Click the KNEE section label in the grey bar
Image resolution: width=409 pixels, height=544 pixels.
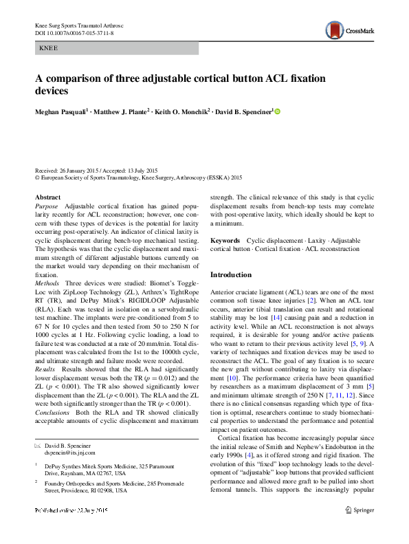[49, 49]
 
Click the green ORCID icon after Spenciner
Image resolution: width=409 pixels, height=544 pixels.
[278, 111]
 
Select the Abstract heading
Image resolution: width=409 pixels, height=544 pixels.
[47, 197]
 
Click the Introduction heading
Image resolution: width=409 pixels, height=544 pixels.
[231, 274]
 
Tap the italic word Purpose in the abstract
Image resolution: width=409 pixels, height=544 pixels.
[47, 206]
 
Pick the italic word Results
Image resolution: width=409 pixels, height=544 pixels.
[46, 350]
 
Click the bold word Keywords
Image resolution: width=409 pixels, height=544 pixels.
[225, 241]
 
